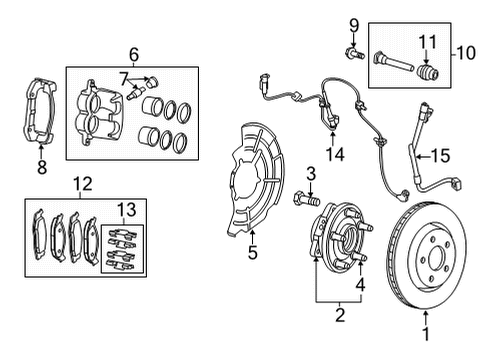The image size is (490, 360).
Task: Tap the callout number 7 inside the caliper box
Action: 124,77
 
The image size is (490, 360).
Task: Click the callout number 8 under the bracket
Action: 41,167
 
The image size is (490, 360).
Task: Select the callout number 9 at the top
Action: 353,23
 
